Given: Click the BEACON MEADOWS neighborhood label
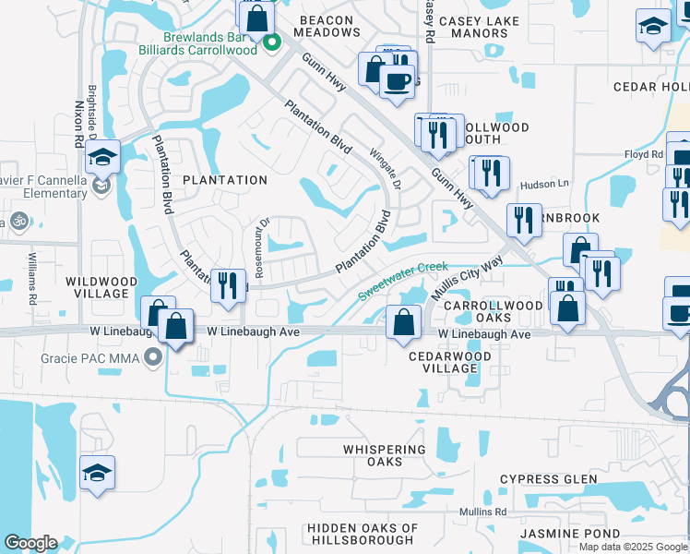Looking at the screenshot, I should (326, 26).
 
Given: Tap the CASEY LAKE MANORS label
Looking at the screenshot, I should (472, 27).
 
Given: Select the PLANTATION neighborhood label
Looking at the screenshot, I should (225, 180).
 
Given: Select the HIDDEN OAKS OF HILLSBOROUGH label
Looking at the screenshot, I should (363, 535).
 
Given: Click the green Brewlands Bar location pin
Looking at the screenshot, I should (271, 42).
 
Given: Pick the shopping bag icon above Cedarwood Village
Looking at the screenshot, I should (403, 322).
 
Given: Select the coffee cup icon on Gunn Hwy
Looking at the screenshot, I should (398, 80).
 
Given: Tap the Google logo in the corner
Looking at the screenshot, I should (30, 543).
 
